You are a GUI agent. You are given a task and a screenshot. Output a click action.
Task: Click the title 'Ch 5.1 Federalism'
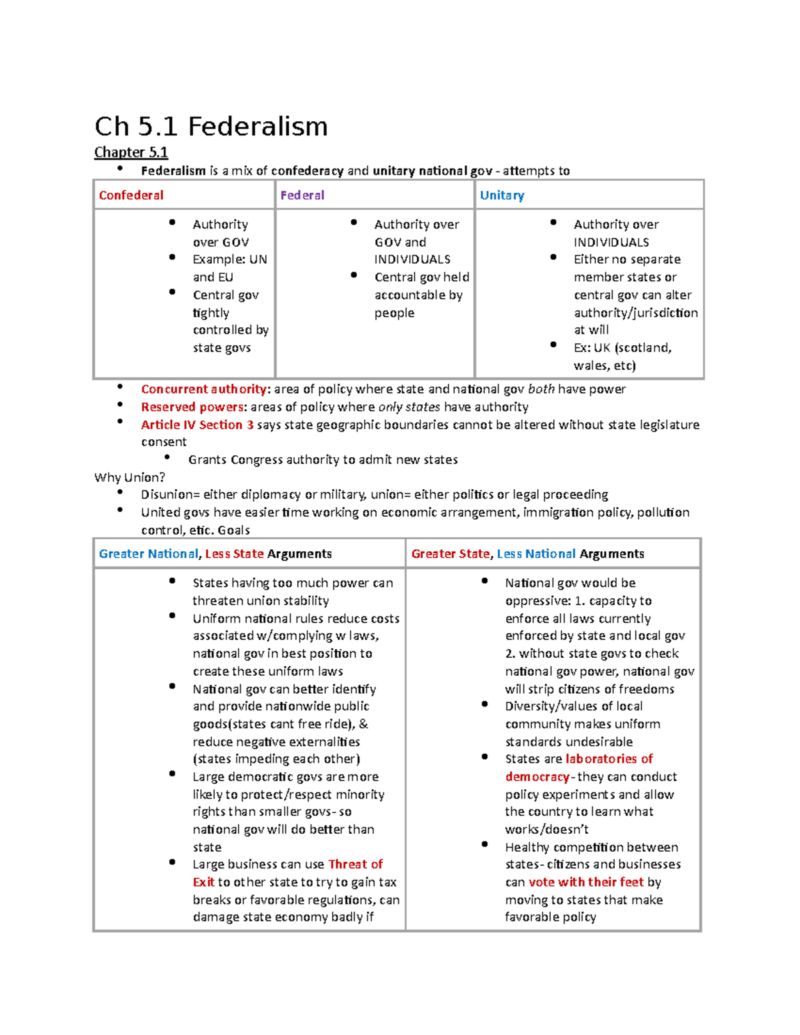pyautogui.click(x=211, y=126)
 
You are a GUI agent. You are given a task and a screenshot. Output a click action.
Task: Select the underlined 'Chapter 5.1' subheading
pyautogui.click(x=131, y=153)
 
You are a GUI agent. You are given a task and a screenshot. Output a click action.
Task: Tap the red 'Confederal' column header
pyautogui.click(x=131, y=195)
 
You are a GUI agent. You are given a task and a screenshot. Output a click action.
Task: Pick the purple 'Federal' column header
pyautogui.click(x=302, y=195)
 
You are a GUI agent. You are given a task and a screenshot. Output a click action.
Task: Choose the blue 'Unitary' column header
pyautogui.click(x=502, y=195)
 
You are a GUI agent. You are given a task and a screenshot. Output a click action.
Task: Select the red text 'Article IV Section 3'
pyautogui.click(x=197, y=425)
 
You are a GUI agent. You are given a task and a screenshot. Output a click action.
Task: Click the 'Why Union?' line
pyautogui.click(x=129, y=477)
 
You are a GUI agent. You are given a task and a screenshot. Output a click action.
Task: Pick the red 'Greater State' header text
pyautogui.click(x=451, y=554)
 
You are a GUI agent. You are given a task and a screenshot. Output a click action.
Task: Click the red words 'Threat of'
pyautogui.click(x=355, y=864)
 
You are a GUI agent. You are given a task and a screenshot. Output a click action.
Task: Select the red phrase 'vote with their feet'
pyautogui.click(x=586, y=882)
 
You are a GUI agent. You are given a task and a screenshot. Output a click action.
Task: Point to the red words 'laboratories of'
pyautogui.click(x=609, y=759)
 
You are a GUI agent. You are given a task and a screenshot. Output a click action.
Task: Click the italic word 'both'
pyautogui.click(x=541, y=389)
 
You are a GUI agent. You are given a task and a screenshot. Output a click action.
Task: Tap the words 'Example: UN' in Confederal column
pyautogui.click(x=229, y=259)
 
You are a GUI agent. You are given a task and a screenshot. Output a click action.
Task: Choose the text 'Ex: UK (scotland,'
pyautogui.click(x=623, y=348)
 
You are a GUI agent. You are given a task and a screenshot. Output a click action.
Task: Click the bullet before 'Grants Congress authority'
pyautogui.click(x=167, y=457)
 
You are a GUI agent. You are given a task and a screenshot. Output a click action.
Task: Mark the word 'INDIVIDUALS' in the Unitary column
pyautogui.click(x=611, y=243)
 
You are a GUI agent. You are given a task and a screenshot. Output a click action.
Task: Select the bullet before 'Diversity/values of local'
pyautogui.click(x=485, y=704)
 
